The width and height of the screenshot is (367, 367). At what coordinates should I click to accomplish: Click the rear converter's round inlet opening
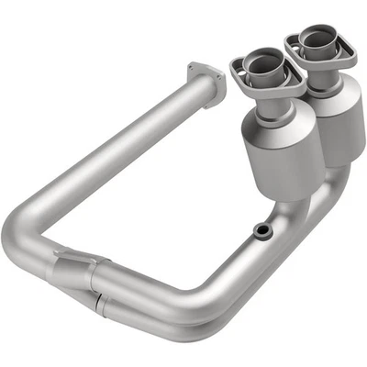[x=312, y=40]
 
